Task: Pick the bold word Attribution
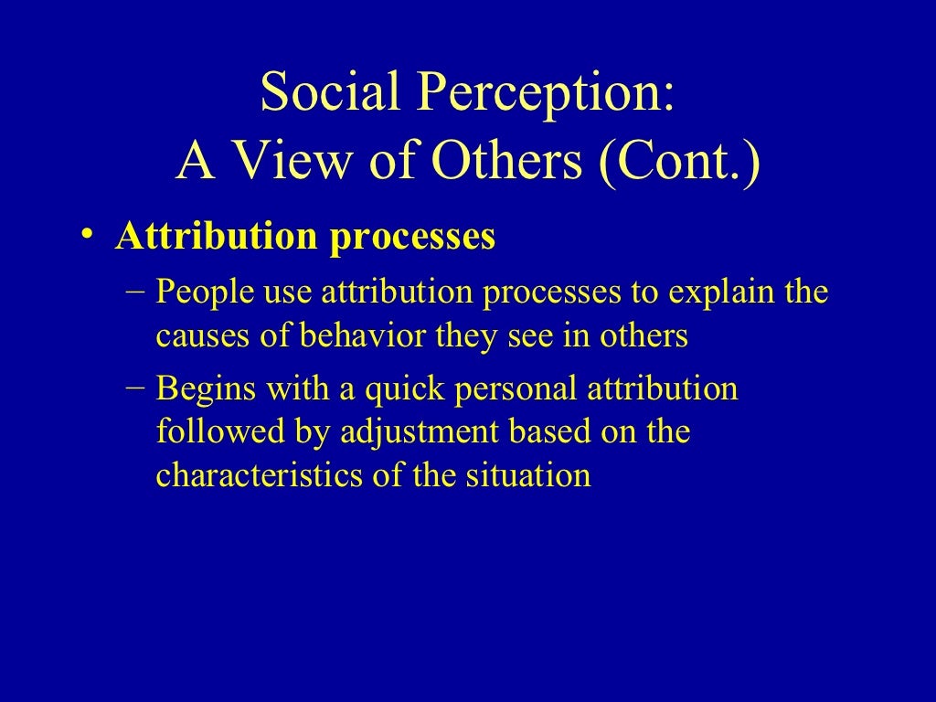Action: point(214,238)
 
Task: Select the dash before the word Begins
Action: point(135,388)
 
